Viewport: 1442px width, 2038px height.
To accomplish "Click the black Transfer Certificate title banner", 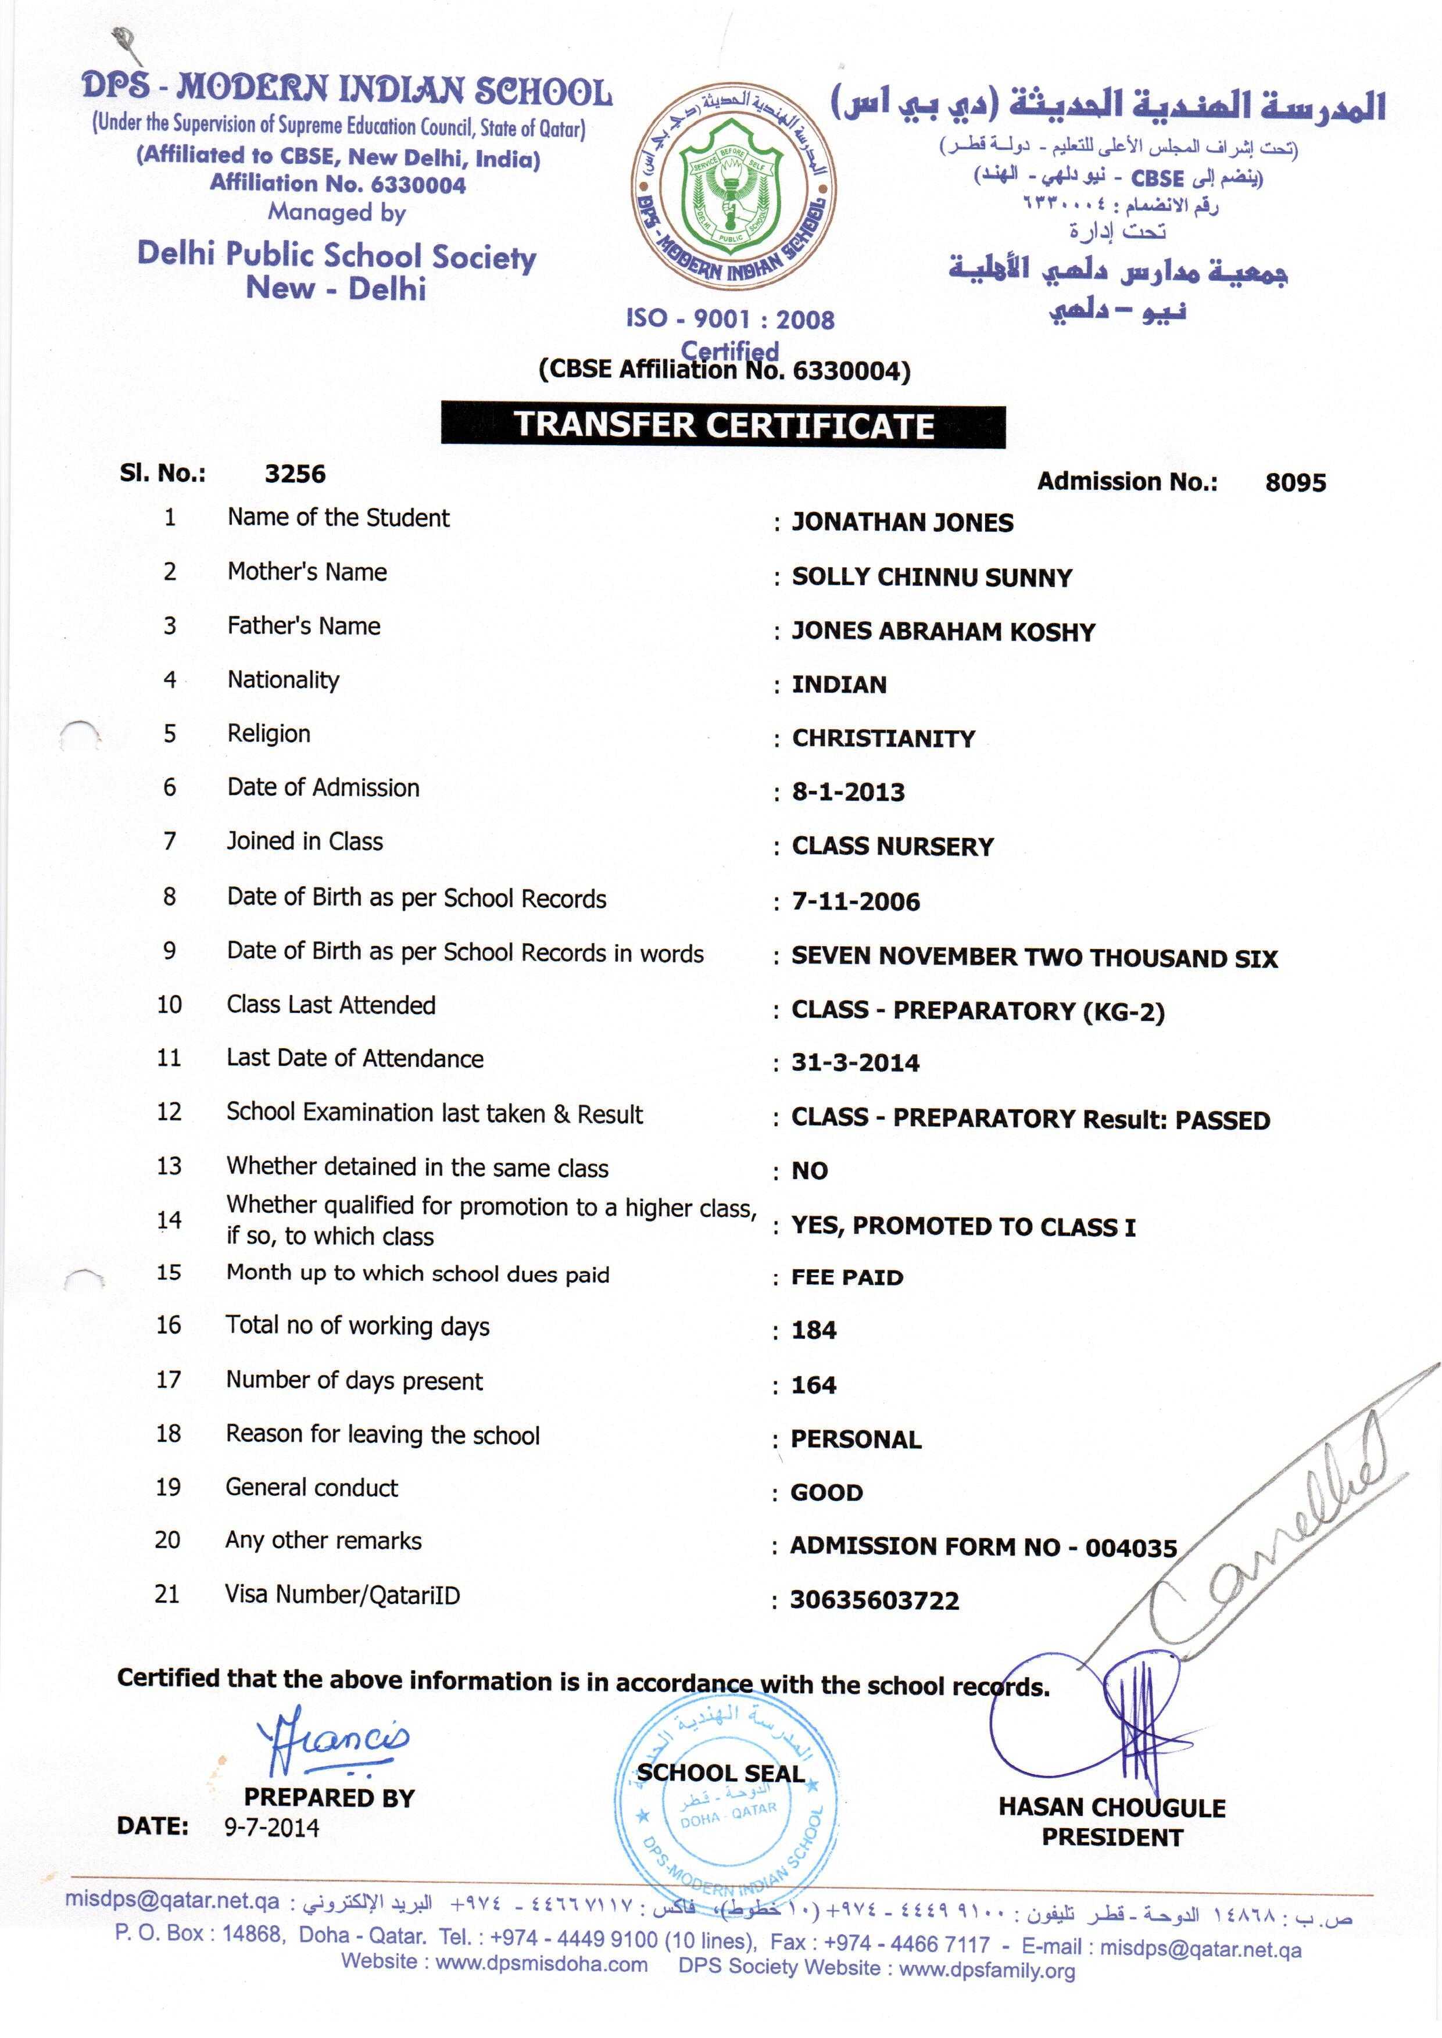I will pos(723,425).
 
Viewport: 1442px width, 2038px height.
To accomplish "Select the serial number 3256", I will pos(295,474).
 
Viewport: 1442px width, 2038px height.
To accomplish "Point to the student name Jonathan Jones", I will pos(902,523).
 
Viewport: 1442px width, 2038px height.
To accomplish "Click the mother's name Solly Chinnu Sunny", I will pos(932,578).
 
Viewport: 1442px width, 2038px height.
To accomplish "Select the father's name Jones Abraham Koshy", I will pos(943,632).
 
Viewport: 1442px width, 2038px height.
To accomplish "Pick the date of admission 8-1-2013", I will pos(848,793).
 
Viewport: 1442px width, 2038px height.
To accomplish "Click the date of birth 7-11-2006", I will pos(855,902).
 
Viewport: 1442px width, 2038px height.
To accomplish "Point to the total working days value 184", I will pos(813,1331).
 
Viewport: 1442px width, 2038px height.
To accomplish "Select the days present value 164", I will pos(813,1385).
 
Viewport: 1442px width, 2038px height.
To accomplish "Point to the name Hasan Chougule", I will pos(1112,1807).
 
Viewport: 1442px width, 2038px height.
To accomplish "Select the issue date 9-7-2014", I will pos(271,1826).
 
